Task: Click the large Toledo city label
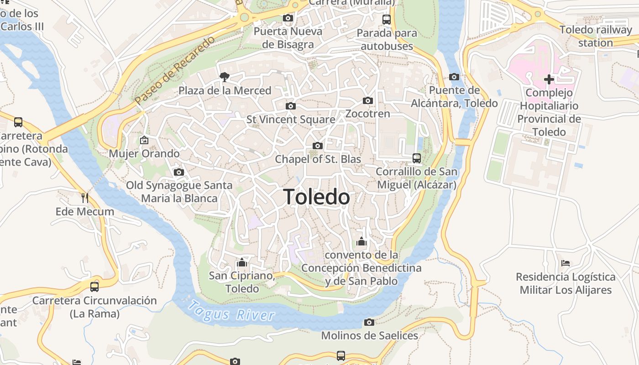pos(317,197)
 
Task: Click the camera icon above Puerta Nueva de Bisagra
pos(288,18)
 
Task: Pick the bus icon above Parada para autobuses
pos(387,20)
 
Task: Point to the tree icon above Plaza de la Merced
pos(224,77)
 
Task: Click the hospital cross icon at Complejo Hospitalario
pos(549,79)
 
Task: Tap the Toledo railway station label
pos(596,36)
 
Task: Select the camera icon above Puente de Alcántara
pos(454,77)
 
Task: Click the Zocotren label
pos(368,114)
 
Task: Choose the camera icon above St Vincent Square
pos(290,106)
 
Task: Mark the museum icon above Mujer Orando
pos(144,140)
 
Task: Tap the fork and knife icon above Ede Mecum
pos(85,198)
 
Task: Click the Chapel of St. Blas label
pos(318,159)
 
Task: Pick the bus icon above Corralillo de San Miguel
pos(416,158)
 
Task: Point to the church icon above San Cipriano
pos(242,263)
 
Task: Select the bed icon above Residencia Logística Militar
pos(566,263)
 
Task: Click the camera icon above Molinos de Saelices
pos(369,323)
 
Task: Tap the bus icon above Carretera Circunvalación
pos(94,287)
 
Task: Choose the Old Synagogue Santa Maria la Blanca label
pos(179,192)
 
